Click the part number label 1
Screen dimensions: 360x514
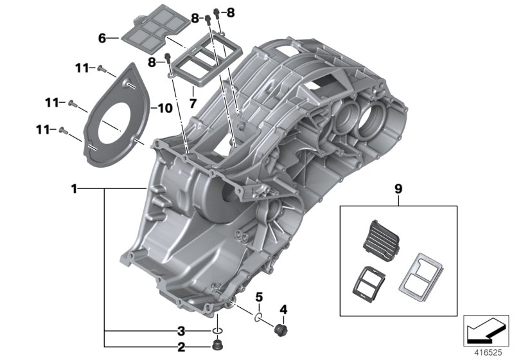[75, 189]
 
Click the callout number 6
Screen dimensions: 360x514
[102, 39]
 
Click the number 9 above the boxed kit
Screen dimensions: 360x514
[398, 189]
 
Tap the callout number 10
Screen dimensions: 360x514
[165, 108]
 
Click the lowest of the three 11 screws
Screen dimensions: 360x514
[63, 130]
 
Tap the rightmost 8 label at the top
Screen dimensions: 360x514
[231, 12]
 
